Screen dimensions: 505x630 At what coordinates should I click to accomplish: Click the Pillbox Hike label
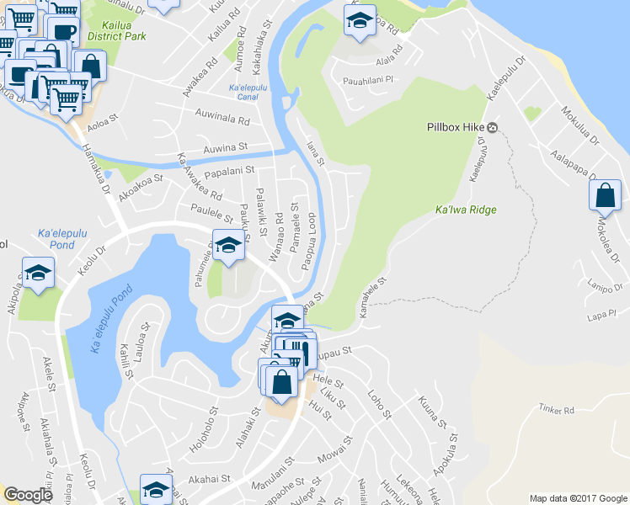452,128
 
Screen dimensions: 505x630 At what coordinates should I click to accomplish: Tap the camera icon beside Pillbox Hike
493,128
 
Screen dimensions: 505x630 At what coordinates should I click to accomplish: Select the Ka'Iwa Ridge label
466,210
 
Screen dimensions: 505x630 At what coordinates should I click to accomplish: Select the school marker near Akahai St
156,489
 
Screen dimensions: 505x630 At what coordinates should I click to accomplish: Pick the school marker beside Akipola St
38,273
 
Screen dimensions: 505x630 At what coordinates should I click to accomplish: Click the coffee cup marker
63,30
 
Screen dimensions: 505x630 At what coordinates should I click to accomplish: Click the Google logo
28,495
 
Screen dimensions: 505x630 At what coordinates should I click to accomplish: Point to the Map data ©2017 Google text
578,497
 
